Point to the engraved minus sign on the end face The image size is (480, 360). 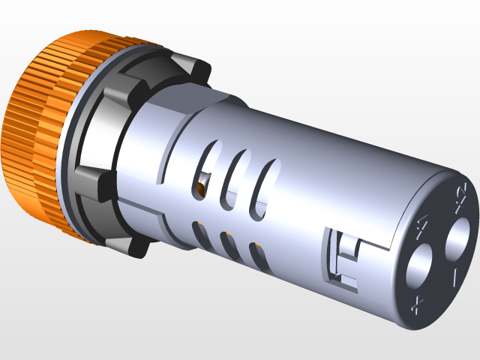coord(455,278)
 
